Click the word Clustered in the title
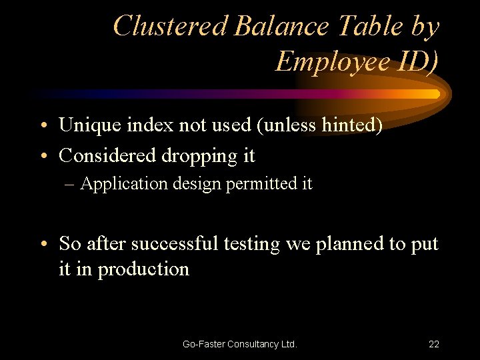[171, 26]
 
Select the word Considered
[107, 155]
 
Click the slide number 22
[433, 344]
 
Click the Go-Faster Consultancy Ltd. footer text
[240, 344]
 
